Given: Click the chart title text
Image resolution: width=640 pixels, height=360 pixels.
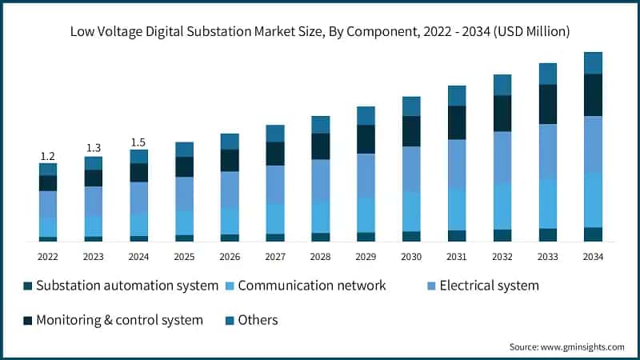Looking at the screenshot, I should (320, 32).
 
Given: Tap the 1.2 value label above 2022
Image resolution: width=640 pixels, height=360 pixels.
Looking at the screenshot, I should (48, 156).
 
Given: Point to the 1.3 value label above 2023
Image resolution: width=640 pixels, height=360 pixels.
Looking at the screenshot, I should (94, 148).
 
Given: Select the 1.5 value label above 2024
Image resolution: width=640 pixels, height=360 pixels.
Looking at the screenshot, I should (139, 142).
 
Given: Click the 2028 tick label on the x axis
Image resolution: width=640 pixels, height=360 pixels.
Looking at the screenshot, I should (321, 257).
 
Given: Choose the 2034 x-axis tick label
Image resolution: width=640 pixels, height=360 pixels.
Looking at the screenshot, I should (593, 257).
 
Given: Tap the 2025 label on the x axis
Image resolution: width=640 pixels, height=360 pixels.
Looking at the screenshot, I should (185, 257).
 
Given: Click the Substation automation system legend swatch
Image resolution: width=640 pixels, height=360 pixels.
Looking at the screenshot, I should (28, 286).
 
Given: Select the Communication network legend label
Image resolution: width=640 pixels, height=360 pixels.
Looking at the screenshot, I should (312, 286).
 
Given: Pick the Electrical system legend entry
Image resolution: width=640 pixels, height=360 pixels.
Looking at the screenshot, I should (489, 286).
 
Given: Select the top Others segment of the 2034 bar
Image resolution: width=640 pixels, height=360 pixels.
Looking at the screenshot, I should (593, 62).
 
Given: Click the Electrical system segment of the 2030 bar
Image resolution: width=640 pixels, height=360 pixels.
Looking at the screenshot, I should (411, 169).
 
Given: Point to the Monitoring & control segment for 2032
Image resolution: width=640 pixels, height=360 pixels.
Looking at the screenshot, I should (502, 114).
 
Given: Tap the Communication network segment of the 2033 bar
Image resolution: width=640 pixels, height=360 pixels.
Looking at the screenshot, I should (548, 203).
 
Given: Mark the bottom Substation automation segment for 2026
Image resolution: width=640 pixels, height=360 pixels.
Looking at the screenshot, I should (230, 238).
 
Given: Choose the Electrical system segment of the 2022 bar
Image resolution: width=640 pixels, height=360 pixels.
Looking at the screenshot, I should (48, 204).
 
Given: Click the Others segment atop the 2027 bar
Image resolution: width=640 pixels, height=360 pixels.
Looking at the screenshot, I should (275, 134).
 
